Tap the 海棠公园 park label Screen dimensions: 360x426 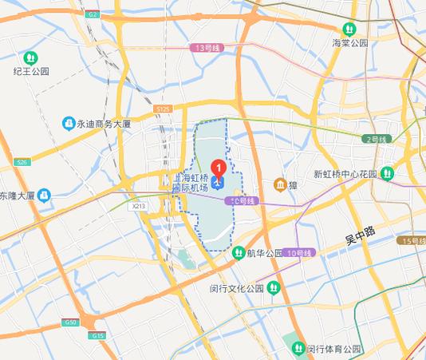tap(350, 43)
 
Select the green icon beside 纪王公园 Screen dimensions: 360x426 tap(30, 57)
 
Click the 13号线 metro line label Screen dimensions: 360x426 tap(206, 48)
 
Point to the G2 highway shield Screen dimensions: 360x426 tap(93, 14)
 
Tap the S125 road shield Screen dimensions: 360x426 tap(163, 108)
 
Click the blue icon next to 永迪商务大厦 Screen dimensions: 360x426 tap(69, 124)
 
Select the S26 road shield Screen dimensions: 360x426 tap(21, 162)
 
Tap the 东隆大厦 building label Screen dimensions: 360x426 tap(17, 195)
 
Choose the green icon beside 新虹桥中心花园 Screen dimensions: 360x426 tap(387, 173)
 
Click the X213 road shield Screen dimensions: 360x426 tap(139, 205)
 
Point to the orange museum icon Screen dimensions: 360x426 tap(280, 184)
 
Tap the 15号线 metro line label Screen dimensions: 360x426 tap(413, 240)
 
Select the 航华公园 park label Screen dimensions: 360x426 tap(264, 253)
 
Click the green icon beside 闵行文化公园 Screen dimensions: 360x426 tap(274, 287)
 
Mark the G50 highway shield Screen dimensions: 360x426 tap(70, 322)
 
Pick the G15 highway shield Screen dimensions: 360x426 tap(97, 336)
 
